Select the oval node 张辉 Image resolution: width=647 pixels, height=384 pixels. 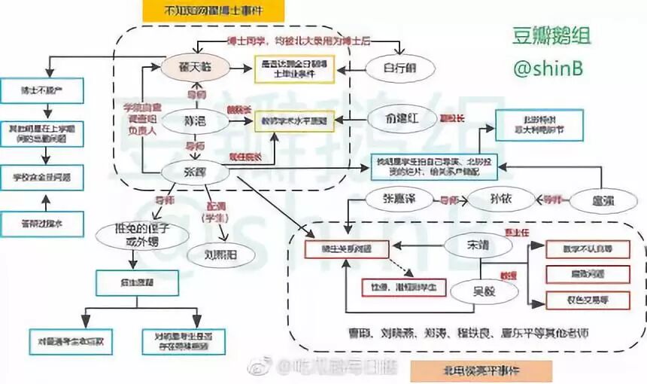[x=194, y=172]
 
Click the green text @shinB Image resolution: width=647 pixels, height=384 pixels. [x=549, y=67]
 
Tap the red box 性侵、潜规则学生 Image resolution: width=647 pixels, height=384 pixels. [x=392, y=287]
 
